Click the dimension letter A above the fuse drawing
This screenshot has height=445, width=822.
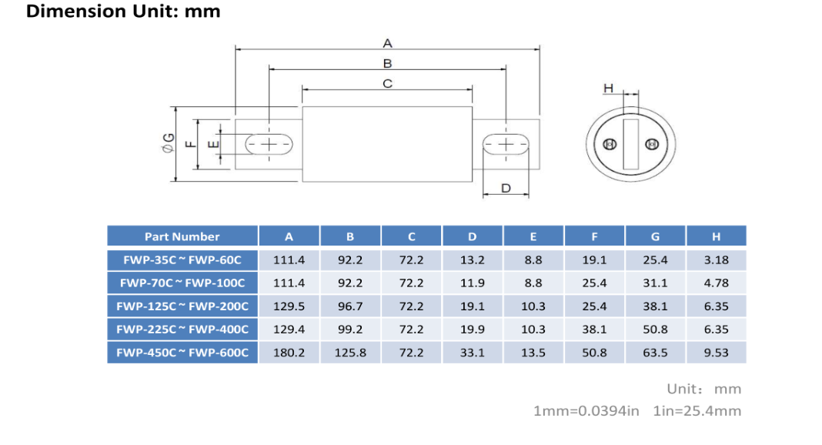pos(387,43)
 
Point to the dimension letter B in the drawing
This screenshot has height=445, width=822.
pos(387,63)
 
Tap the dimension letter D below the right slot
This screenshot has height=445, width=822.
pos(506,188)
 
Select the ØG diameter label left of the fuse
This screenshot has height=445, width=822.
pos(169,142)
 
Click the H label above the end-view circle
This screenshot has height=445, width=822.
pos(608,88)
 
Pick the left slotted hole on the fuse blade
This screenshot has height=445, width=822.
pos(269,144)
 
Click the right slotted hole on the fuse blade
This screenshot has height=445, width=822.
pos(506,144)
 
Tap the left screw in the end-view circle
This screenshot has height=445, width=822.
pos(610,144)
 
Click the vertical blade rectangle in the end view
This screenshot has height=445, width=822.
pos(630,144)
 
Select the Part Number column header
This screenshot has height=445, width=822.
pos(182,236)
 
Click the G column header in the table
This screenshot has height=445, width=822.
pos(655,237)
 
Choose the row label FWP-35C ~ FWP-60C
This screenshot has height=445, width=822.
pos(182,260)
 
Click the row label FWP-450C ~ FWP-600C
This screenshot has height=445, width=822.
pos(182,353)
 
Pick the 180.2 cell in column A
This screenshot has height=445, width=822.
pos(289,353)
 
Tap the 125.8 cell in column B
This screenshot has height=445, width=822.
pos(350,353)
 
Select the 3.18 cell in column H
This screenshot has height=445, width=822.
pos(716,260)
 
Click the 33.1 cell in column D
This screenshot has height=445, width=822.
pos(473,353)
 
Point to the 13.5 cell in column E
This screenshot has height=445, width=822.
pos(533,353)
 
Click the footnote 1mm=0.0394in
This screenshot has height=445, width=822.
pos(586,411)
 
